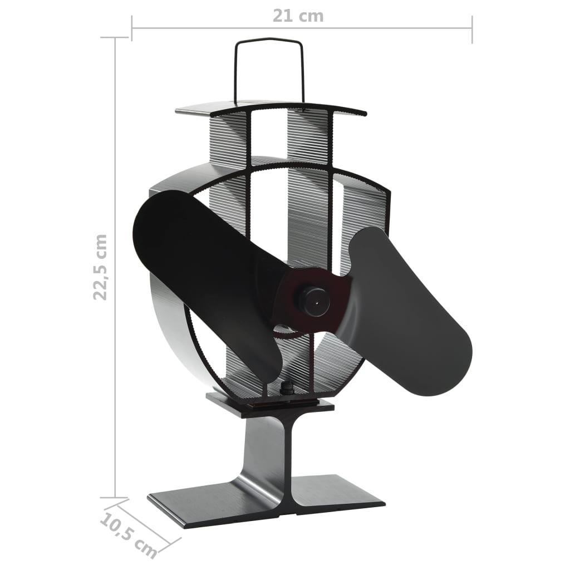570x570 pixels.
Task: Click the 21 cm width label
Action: (298, 16)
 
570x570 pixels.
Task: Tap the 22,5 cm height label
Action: (100, 267)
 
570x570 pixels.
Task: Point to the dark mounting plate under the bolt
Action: (270, 405)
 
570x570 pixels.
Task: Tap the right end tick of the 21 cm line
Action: (472, 29)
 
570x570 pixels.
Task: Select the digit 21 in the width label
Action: (282, 16)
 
